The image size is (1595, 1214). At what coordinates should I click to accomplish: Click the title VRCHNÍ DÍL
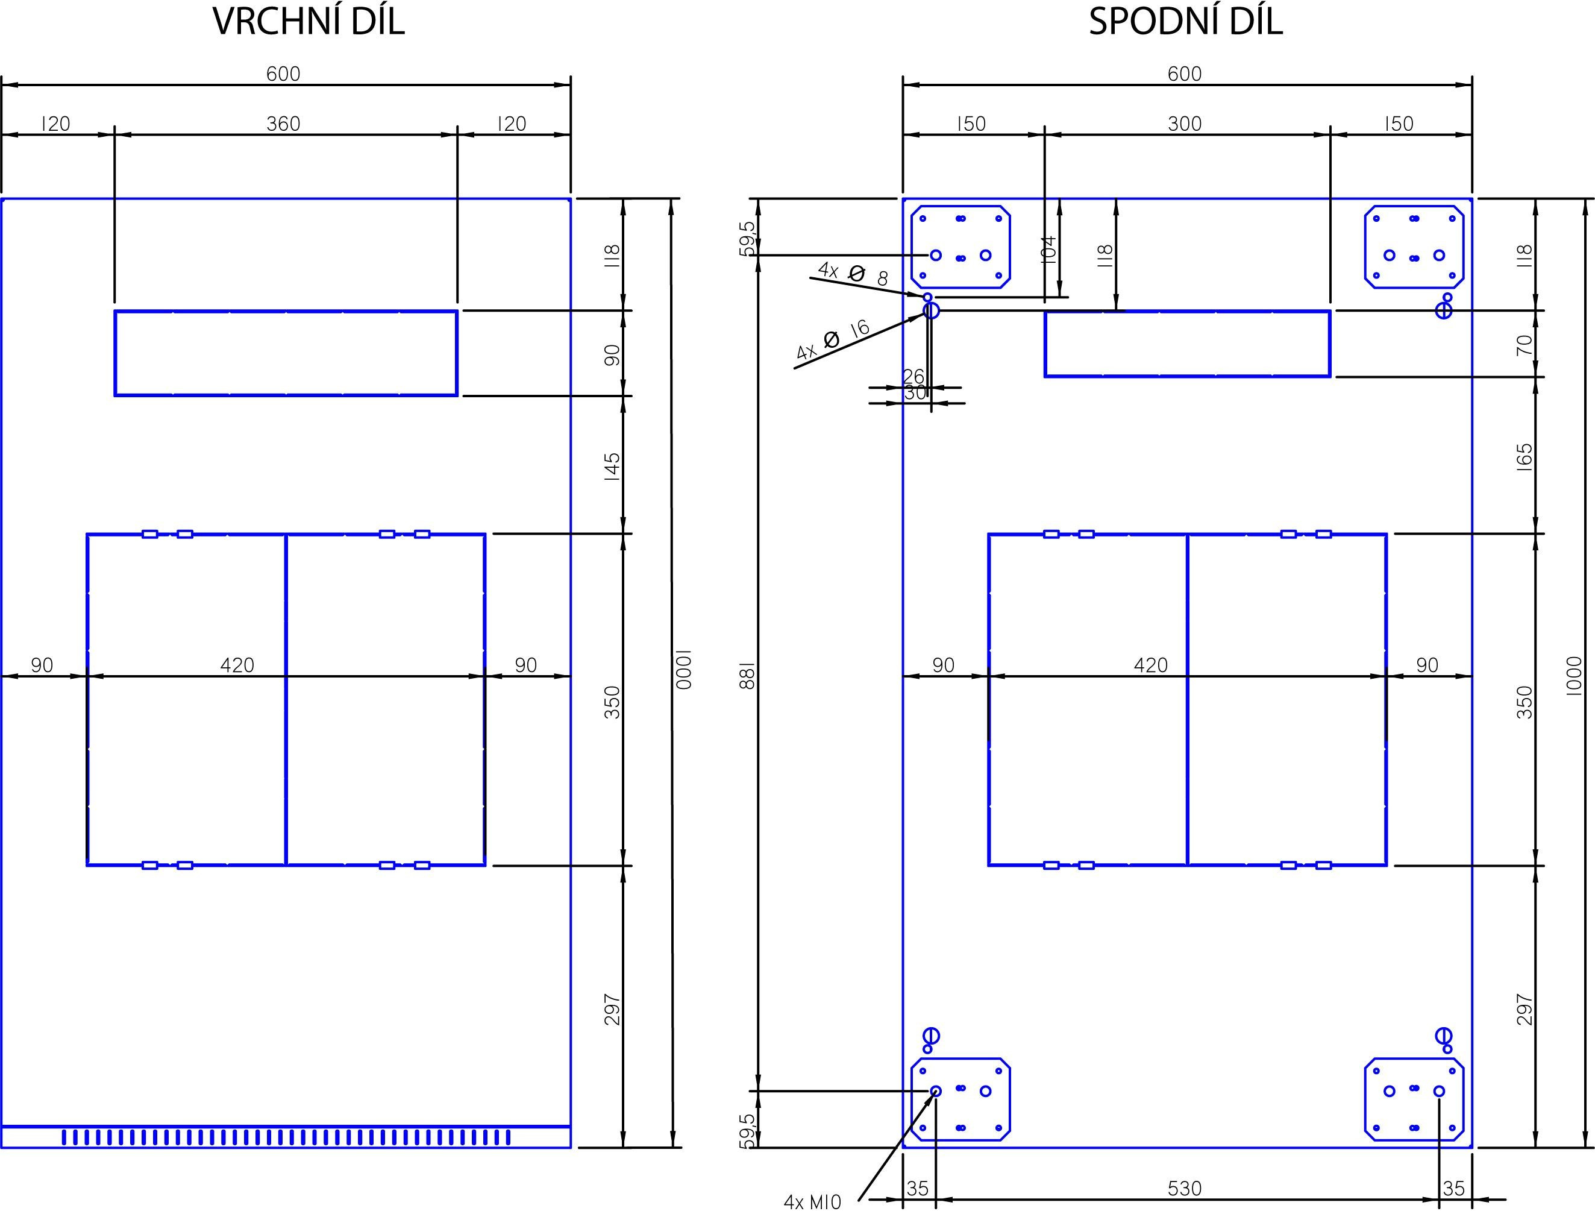(x=309, y=22)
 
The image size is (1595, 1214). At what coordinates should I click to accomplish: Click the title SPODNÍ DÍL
(x=1185, y=22)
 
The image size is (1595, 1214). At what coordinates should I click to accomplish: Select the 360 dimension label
(x=283, y=124)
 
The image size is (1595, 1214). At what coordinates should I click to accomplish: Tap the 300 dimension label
(x=1185, y=124)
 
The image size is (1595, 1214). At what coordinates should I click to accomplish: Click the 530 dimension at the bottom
(x=1185, y=1188)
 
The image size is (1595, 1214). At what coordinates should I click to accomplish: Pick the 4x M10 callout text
(x=813, y=1203)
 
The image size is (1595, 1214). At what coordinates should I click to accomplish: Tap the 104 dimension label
(x=1050, y=250)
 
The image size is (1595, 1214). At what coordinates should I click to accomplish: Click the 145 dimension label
(x=612, y=467)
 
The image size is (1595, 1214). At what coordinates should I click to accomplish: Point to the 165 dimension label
(x=1524, y=458)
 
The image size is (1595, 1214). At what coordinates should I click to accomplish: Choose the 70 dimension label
(x=1524, y=345)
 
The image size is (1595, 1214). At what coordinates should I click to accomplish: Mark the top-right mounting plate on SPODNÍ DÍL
(x=1414, y=247)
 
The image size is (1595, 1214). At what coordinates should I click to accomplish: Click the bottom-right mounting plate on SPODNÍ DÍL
(x=1414, y=1099)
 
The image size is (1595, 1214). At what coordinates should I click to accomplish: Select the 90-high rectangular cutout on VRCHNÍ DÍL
(x=286, y=353)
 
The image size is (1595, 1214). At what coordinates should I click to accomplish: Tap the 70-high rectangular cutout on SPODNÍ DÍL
(x=1187, y=344)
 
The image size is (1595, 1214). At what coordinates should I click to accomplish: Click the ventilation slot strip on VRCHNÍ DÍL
(x=286, y=1137)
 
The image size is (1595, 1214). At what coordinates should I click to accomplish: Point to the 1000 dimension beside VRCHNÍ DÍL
(x=683, y=669)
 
